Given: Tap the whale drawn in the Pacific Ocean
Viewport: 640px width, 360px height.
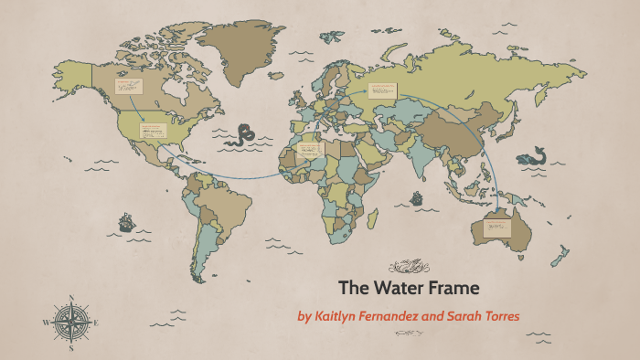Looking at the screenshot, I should click(531, 157).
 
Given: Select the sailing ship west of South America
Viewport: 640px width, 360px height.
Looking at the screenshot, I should click(125, 221).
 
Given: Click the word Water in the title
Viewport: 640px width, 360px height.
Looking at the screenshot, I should click(400, 288).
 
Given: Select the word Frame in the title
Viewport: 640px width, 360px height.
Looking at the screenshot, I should click(453, 288).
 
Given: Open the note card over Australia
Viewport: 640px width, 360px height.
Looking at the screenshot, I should click(499, 224).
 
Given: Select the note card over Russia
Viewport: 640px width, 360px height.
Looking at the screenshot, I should click(383, 90).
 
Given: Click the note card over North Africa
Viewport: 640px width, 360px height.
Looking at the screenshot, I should click(311, 148).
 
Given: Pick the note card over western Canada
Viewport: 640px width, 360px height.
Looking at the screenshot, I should click(129, 87).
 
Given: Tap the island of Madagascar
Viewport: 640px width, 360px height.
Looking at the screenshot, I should click(372, 218).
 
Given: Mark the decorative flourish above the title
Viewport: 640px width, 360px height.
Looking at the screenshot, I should click(409, 267).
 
